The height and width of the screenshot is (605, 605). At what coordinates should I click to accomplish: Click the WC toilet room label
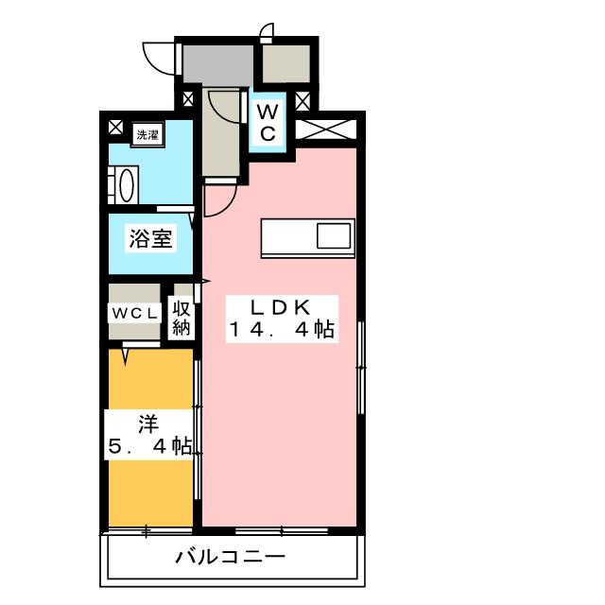click(x=268, y=123)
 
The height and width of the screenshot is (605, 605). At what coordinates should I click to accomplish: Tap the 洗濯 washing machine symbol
click(x=148, y=134)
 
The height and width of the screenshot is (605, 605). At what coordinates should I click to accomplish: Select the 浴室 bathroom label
click(x=150, y=238)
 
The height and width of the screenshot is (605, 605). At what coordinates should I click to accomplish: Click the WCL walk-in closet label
click(x=134, y=313)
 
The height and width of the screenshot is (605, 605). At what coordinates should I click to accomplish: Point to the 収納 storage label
click(x=181, y=319)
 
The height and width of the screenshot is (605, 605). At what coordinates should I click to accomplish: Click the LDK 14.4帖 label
click(x=282, y=319)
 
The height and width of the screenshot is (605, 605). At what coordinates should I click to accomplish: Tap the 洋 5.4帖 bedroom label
click(x=149, y=435)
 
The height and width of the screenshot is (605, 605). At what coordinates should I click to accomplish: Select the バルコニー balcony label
click(x=231, y=557)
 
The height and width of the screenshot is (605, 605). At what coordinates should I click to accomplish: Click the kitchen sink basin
click(x=334, y=235)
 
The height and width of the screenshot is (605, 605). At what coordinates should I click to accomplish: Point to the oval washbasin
click(x=127, y=185)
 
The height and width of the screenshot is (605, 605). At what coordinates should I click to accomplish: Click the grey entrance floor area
click(x=217, y=64)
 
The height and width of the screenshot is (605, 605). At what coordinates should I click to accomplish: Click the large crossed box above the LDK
click(x=326, y=130)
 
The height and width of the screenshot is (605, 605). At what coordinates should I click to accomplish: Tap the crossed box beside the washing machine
click(x=115, y=127)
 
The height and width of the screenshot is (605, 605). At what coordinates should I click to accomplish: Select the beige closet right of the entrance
click(x=286, y=63)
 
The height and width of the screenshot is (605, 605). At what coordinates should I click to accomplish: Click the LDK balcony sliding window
click(x=282, y=531)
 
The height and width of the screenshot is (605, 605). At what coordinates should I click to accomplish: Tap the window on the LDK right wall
click(x=361, y=368)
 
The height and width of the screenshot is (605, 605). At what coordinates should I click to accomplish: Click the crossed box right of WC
click(x=302, y=101)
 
